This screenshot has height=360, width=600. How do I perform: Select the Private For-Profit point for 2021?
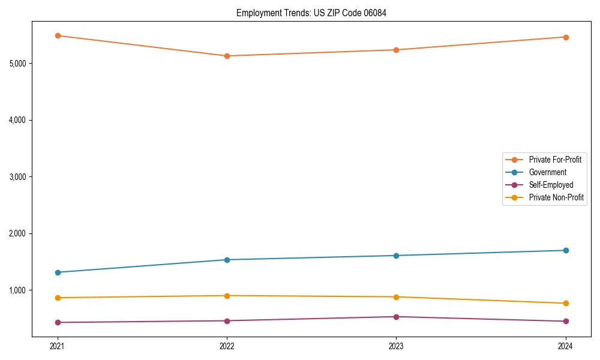58,35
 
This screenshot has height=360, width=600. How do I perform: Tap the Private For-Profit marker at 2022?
227,56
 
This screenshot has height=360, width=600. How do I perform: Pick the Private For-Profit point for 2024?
566,37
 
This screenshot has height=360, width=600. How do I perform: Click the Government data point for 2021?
58,272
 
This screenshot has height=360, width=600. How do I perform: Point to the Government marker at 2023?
396,256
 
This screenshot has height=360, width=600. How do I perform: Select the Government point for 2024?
566,250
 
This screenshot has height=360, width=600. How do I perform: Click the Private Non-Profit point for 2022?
227,296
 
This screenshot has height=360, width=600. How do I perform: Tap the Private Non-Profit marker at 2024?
566,303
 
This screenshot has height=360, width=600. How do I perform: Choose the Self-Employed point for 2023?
396,317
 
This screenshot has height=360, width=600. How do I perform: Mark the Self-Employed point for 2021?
58,322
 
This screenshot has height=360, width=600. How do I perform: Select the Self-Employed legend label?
551,185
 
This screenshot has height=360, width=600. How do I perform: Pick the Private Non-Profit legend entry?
556,197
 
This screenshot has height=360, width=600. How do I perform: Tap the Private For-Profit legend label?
555,160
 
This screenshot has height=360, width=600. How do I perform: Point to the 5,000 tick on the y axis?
20,63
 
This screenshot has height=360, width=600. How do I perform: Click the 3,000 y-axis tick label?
20,176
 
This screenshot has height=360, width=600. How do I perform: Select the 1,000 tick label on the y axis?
20,290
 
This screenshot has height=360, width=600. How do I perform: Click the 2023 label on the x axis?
396,346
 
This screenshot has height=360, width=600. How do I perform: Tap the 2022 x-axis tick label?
227,346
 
